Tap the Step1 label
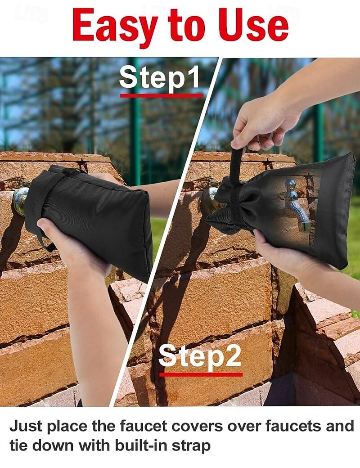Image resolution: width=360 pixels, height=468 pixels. click(x=160, y=77)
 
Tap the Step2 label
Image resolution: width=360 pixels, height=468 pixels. click(x=200, y=356)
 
